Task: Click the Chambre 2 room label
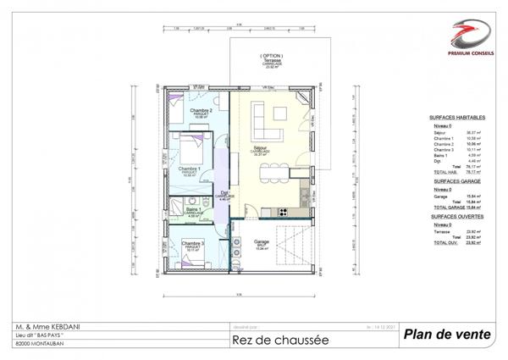[x=200, y=112]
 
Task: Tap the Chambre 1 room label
[x=188, y=169]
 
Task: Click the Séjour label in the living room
[x=260, y=149]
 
